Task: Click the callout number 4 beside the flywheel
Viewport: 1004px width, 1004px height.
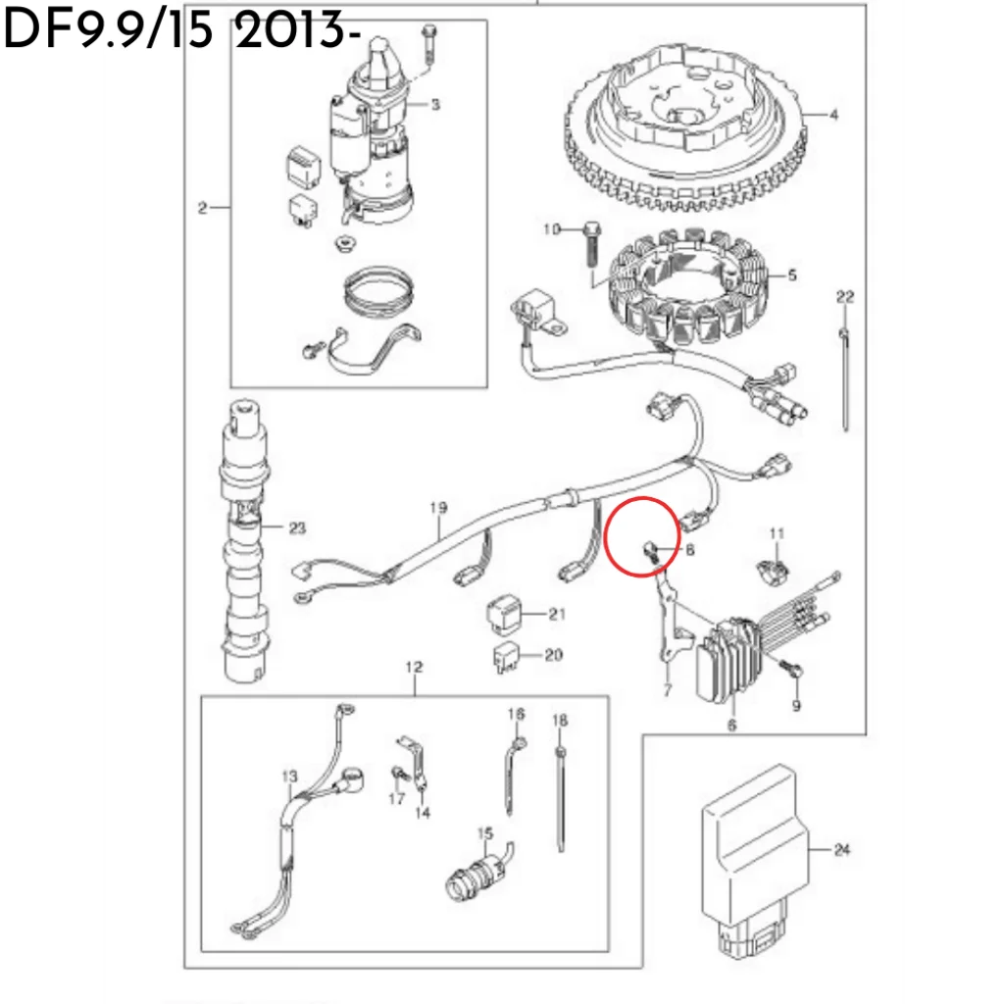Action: (x=833, y=115)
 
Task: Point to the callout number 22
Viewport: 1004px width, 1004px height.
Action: (x=845, y=295)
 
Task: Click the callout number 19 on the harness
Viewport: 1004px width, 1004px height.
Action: (x=437, y=507)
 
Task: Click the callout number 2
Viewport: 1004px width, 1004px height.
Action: (x=202, y=207)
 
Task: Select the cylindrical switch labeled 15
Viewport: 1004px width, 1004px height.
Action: (x=474, y=871)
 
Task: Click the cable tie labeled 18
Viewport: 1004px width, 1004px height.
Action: (x=560, y=799)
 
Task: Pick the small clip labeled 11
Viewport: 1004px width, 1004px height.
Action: (x=775, y=567)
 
